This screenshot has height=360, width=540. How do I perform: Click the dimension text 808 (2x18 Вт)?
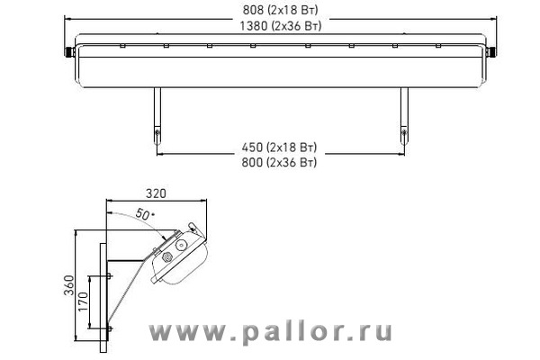(280, 10)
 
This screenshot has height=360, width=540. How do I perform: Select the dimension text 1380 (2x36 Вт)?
(280, 26)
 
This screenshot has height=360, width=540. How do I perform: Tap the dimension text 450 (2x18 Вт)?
(279, 148)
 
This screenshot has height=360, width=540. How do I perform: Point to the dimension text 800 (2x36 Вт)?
(279, 162)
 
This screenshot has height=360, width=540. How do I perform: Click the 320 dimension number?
(156, 193)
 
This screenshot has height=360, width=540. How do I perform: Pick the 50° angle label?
(144, 214)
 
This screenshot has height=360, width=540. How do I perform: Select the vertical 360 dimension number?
(69, 285)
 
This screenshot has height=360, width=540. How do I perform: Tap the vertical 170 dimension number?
(84, 301)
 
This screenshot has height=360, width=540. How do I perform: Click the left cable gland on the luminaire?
(69, 52)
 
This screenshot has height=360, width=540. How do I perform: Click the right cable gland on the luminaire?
(491, 52)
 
